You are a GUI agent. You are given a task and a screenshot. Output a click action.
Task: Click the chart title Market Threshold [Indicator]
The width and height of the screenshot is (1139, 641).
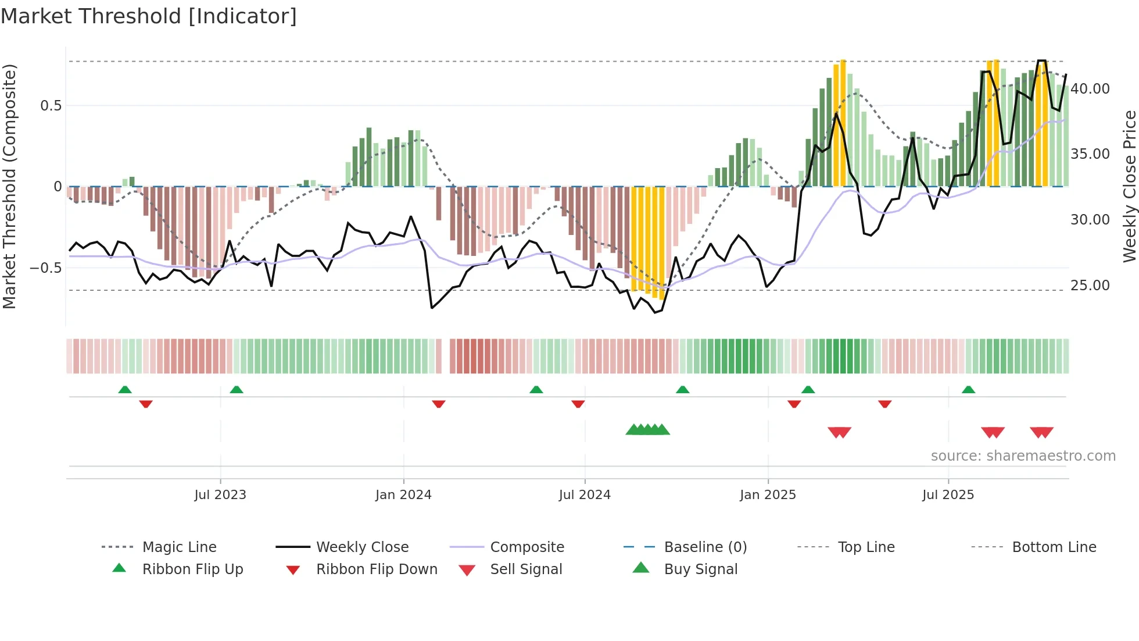[x=149, y=16]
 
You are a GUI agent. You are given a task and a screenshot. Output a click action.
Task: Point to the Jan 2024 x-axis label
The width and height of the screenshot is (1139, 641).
[x=403, y=495]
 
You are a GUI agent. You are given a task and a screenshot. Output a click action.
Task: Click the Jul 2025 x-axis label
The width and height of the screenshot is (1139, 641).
[x=948, y=495]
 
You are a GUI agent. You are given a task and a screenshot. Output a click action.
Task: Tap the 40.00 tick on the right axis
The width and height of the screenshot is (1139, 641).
[x=1090, y=88]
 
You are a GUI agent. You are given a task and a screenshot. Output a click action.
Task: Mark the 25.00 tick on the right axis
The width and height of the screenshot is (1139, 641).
[x=1090, y=285]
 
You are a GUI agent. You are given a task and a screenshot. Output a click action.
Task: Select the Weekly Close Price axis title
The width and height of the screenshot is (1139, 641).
[x=1129, y=186]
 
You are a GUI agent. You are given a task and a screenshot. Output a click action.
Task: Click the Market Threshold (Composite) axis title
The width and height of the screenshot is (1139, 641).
[x=9, y=186]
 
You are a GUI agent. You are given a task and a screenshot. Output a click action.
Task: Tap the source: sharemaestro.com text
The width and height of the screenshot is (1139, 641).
[x=1023, y=455]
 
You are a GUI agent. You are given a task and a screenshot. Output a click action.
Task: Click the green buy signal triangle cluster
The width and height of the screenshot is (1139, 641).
[x=647, y=430]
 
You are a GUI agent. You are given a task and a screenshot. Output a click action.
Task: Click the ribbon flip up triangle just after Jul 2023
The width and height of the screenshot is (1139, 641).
[x=236, y=390]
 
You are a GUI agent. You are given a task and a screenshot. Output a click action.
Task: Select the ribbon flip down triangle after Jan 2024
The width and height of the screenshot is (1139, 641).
[x=439, y=404]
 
